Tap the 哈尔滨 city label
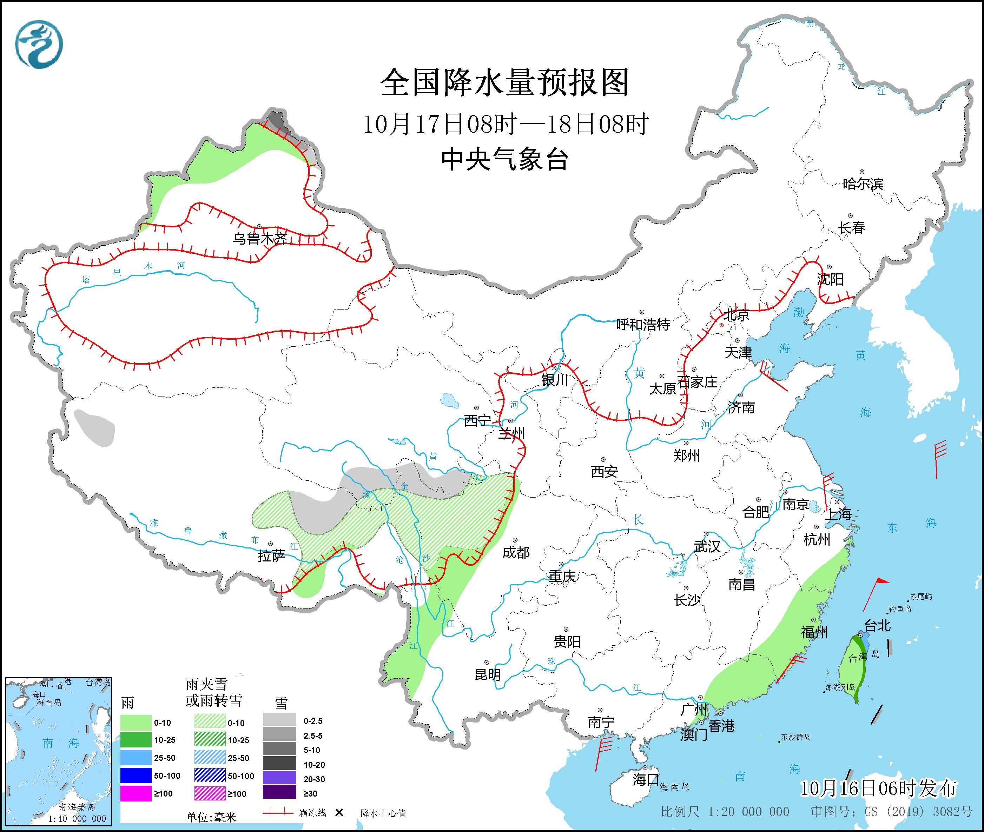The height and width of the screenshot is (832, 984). [x=862, y=184]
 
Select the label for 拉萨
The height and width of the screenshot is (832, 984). [x=271, y=556]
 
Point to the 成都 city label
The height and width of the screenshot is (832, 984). [x=516, y=552]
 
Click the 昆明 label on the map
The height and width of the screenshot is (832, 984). [x=488, y=675]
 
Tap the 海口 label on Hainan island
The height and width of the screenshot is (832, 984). [x=645, y=780]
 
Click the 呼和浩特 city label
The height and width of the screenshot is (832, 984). [x=643, y=325]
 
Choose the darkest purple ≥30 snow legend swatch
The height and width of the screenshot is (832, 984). [x=279, y=793]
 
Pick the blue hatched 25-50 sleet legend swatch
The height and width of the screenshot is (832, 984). [x=210, y=758]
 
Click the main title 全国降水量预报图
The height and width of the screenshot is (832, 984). [x=504, y=82]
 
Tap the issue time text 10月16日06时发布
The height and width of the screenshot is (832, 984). [x=878, y=788]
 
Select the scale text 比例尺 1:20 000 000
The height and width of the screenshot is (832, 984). [x=725, y=812]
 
